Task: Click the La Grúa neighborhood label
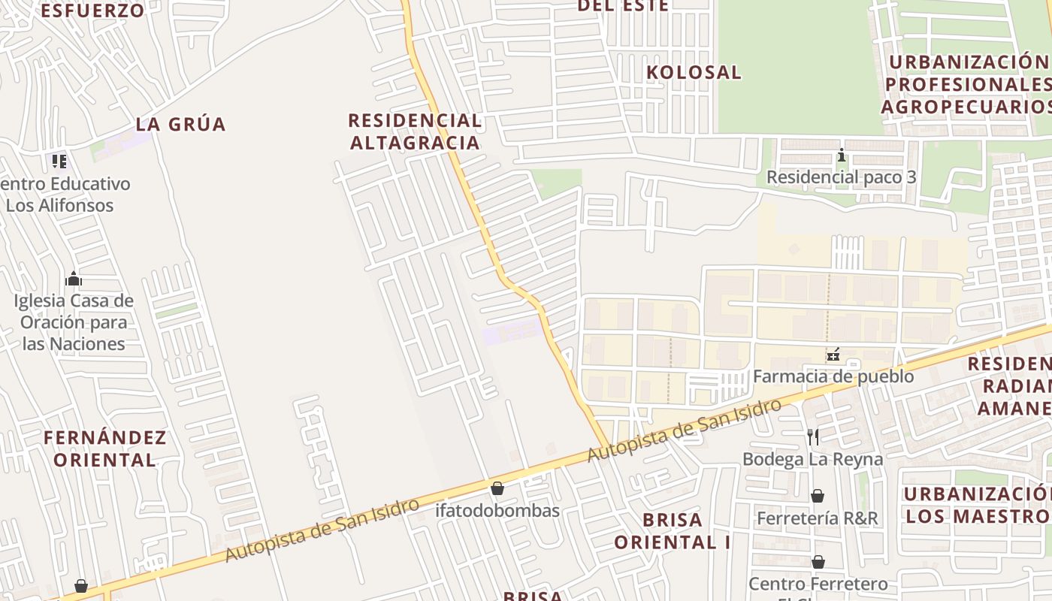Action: coord(180,124)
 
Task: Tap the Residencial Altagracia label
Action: coord(415,131)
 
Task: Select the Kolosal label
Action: coord(694,72)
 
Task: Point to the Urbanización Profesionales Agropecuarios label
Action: coord(968,84)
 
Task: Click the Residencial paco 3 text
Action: coord(841,177)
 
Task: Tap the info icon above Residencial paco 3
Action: coord(842,156)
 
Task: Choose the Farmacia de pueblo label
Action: coord(833,376)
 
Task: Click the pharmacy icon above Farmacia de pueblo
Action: coord(833,355)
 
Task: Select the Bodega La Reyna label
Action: coord(812,458)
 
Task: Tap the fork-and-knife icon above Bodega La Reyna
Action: coord(812,436)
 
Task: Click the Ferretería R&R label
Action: coord(817,518)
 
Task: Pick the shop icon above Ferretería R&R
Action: coord(817,496)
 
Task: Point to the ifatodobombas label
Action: coord(497,511)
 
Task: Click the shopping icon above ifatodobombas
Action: coord(497,489)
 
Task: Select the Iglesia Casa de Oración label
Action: coord(74,322)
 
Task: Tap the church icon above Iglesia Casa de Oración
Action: coord(74,279)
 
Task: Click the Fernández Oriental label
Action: coord(104,448)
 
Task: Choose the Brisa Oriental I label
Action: coord(673,530)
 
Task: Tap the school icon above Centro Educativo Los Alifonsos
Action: coord(59,161)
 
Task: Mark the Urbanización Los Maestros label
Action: coord(977,505)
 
